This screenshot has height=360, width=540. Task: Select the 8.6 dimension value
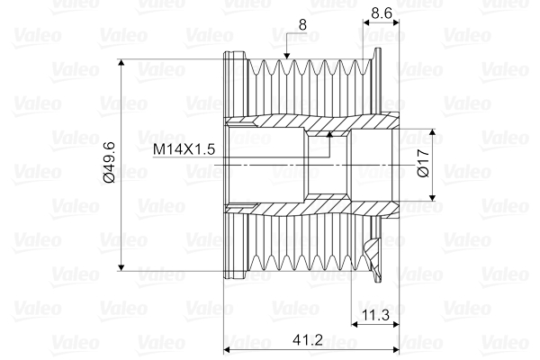click(x=382, y=14)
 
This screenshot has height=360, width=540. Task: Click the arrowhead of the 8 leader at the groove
click(x=286, y=58)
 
